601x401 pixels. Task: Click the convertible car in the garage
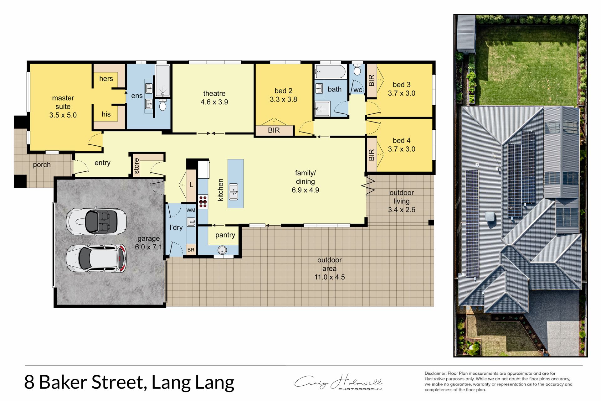click(x=96, y=221)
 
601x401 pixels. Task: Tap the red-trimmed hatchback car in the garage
click(x=96, y=258)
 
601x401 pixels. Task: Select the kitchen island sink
click(x=234, y=192)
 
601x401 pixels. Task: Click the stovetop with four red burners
click(x=203, y=202)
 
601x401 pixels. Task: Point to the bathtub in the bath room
click(x=330, y=72)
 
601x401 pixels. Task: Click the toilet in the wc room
click(x=357, y=70)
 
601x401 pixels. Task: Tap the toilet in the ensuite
click(x=162, y=105)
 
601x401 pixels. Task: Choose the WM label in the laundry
click(x=191, y=210)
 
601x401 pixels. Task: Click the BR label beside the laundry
click(x=191, y=250)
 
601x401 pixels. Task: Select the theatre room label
click(x=214, y=93)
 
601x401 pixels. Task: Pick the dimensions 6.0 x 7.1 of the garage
click(x=149, y=247)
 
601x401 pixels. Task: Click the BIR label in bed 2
click(x=274, y=130)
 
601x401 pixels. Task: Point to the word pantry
click(x=225, y=235)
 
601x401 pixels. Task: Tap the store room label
click(x=136, y=166)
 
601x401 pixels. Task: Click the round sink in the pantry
click(x=222, y=250)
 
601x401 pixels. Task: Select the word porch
click(x=42, y=165)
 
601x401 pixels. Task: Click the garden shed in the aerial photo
click(x=466, y=34)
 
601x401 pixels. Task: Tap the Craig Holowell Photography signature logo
click(x=338, y=382)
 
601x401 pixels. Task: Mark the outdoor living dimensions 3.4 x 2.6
click(x=402, y=210)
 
